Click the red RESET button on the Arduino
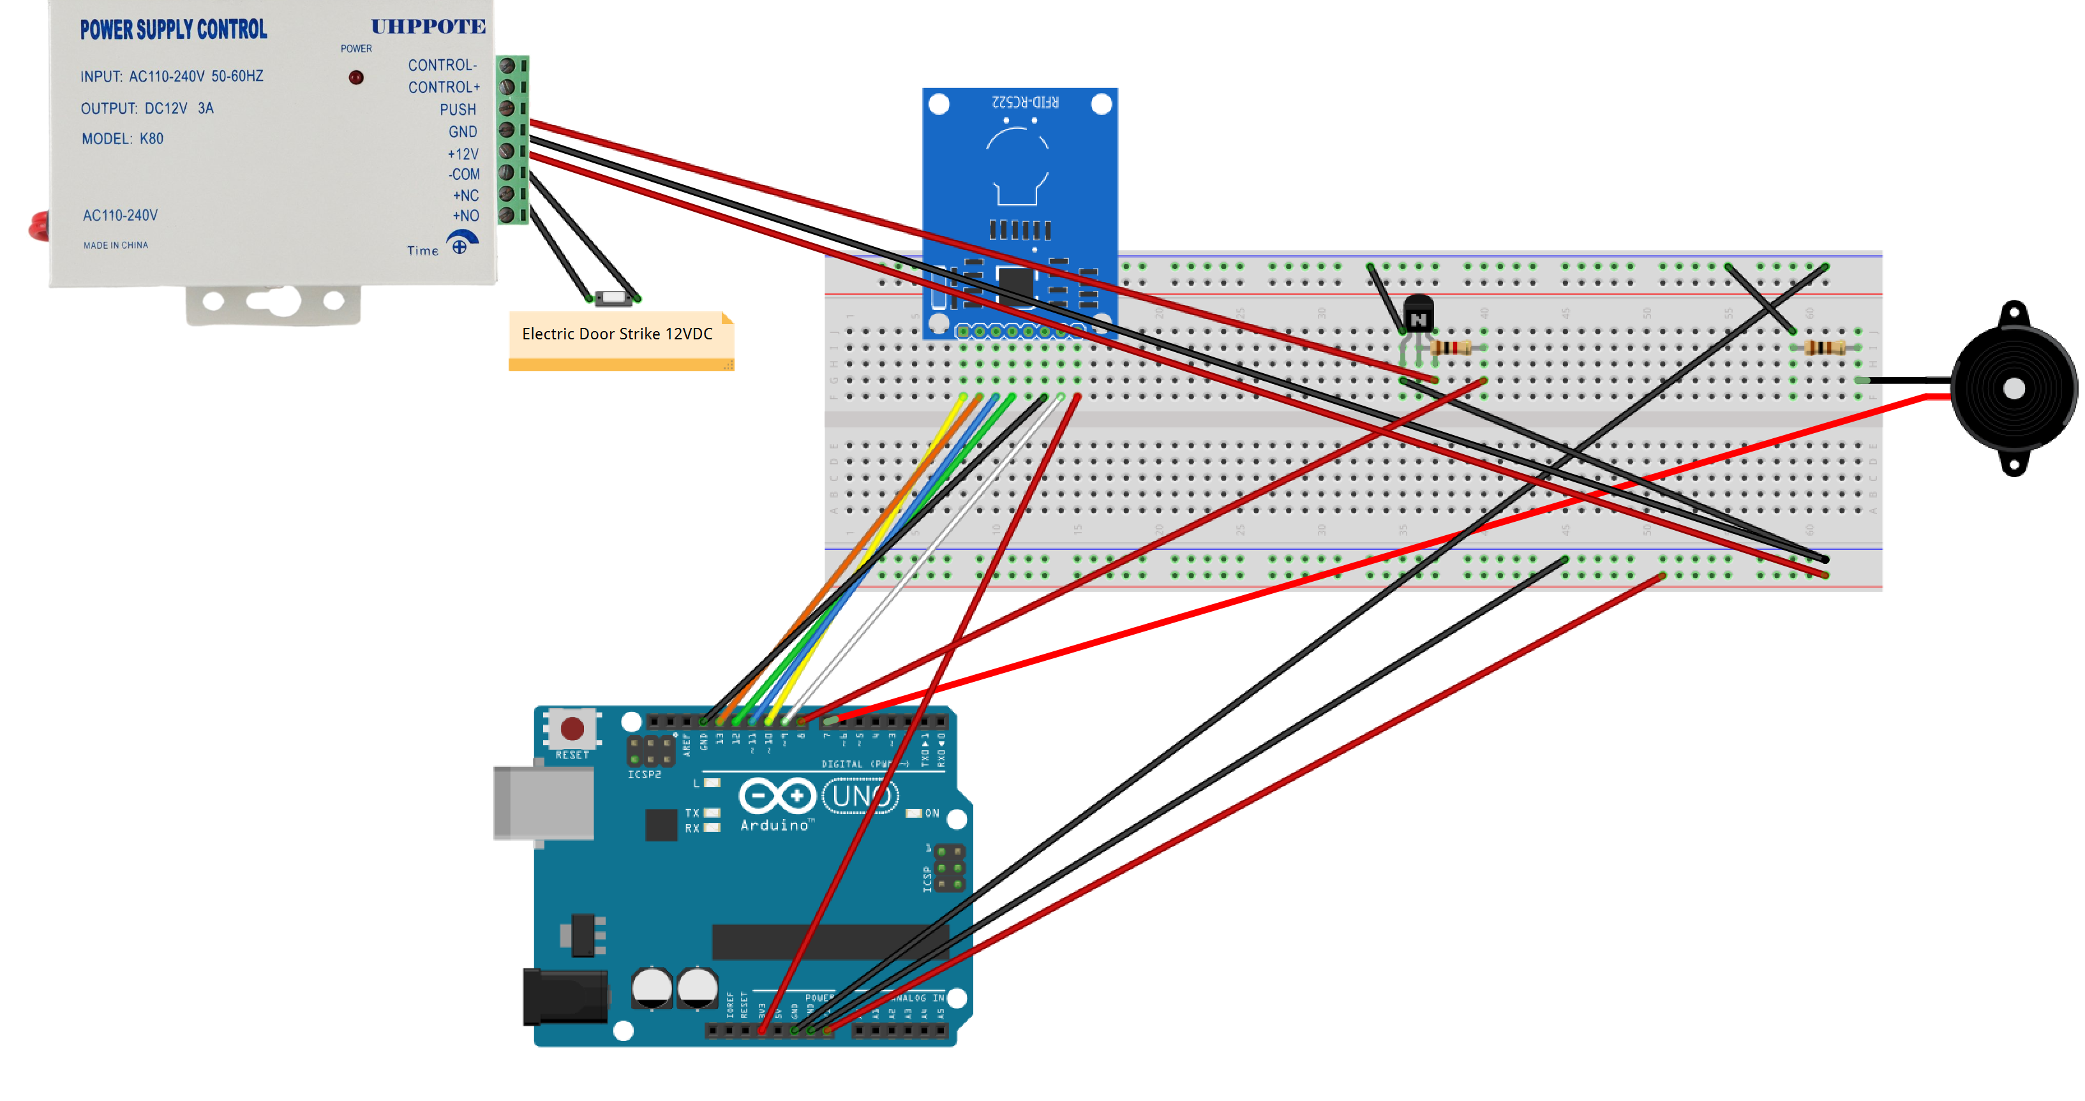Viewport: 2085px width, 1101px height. coord(572,729)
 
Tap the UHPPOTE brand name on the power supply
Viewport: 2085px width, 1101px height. coord(428,27)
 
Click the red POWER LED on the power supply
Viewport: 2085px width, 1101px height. coord(356,78)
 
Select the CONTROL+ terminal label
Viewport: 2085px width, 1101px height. coord(444,87)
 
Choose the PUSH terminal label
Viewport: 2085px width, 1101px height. coord(458,109)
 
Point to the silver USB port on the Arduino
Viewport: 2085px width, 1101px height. coord(543,802)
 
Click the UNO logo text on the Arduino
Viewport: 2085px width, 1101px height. coord(860,797)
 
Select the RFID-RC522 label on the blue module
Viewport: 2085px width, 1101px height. coord(1025,102)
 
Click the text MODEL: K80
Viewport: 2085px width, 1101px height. coord(123,139)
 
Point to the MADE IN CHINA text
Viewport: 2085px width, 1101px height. coord(116,245)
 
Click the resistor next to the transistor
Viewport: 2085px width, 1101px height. coord(1451,348)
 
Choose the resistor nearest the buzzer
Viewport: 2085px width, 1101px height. coord(1825,348)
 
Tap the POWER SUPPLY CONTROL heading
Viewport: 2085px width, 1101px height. coord(173,30)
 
